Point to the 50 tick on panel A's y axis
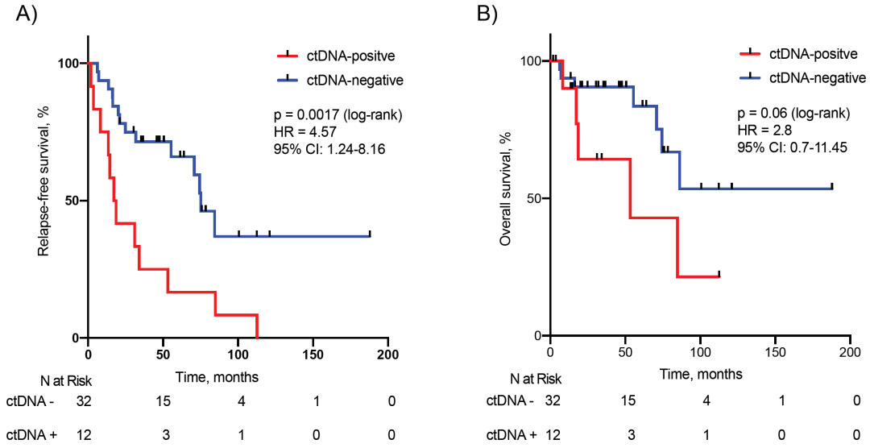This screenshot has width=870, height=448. [71, 200]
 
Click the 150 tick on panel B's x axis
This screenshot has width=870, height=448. [774, 351]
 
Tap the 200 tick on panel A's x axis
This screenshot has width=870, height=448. [387, 354]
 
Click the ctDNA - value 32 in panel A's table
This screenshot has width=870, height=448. [84, 400]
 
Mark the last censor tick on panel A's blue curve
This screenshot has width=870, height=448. [370, 234]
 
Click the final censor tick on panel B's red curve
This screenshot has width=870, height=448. [719, 274]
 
